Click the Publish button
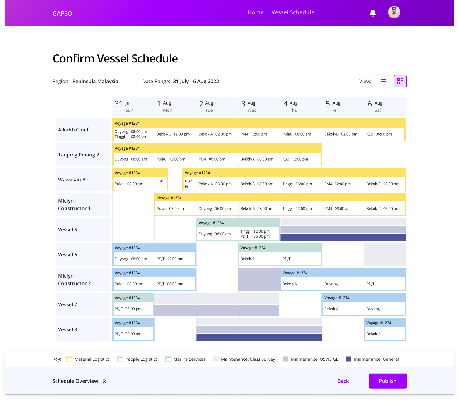388,381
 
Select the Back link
343,381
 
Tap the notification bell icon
373,13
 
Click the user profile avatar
394,12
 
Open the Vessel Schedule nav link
293,12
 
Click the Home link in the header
255,12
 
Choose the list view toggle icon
383,81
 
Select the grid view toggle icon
400,81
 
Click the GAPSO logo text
62,13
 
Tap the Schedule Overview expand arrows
104,381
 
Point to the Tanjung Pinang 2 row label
79,155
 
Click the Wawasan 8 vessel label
72,180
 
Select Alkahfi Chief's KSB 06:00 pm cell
384,134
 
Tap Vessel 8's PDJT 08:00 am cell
133,334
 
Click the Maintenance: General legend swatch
349,359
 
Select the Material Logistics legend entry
89,359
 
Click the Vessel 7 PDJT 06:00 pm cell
133,309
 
